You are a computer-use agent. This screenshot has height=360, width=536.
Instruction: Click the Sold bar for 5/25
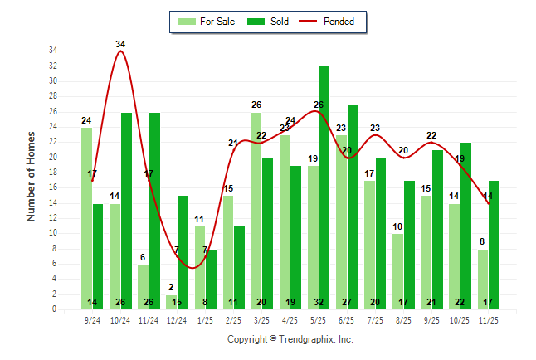pos(324,187)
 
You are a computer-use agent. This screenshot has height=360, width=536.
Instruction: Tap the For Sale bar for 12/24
pos(171,302)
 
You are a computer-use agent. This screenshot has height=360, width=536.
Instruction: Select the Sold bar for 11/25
pos(494,245)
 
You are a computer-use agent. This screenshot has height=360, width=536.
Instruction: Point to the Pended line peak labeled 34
pos(121,51)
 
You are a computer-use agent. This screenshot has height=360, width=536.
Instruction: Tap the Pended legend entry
pos(332,22)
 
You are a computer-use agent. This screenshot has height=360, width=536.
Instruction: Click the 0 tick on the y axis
pos(54,309)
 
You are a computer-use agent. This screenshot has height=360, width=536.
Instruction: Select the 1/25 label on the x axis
pos(205,319)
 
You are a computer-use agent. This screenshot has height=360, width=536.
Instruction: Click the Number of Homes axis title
pos(32,177)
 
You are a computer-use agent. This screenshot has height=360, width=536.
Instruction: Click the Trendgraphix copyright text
pos(290,339)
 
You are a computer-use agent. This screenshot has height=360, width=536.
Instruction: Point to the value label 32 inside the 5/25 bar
pos(324,303)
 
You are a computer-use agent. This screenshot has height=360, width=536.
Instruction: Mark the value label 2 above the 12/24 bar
pos(171,288)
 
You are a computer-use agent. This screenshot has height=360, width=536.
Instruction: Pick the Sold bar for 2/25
pos(239,267)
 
